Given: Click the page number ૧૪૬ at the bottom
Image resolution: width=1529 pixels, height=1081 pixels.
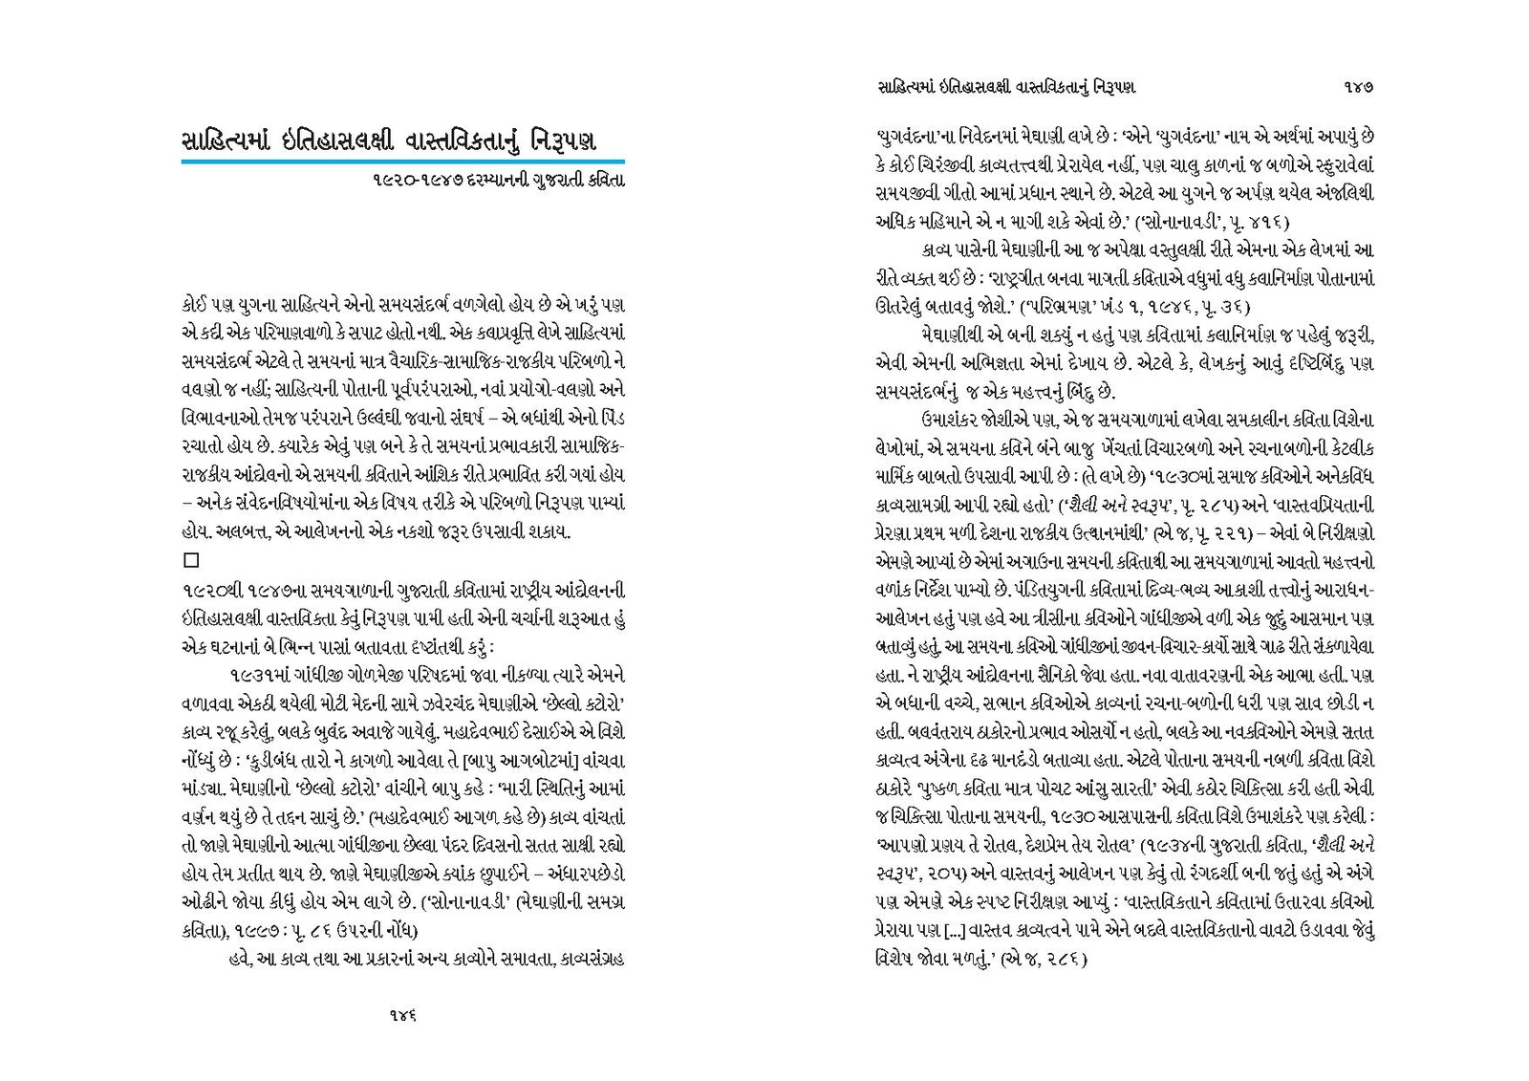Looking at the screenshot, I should click(x=402, y=1016).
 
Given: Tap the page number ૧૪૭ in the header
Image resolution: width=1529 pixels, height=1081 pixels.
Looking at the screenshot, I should click(x=1357, y=87).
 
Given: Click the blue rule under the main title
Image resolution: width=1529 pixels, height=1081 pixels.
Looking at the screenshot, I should click(x=402, y=162).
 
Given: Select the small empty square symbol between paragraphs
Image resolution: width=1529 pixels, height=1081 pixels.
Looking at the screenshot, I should click(x=189, y=560).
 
